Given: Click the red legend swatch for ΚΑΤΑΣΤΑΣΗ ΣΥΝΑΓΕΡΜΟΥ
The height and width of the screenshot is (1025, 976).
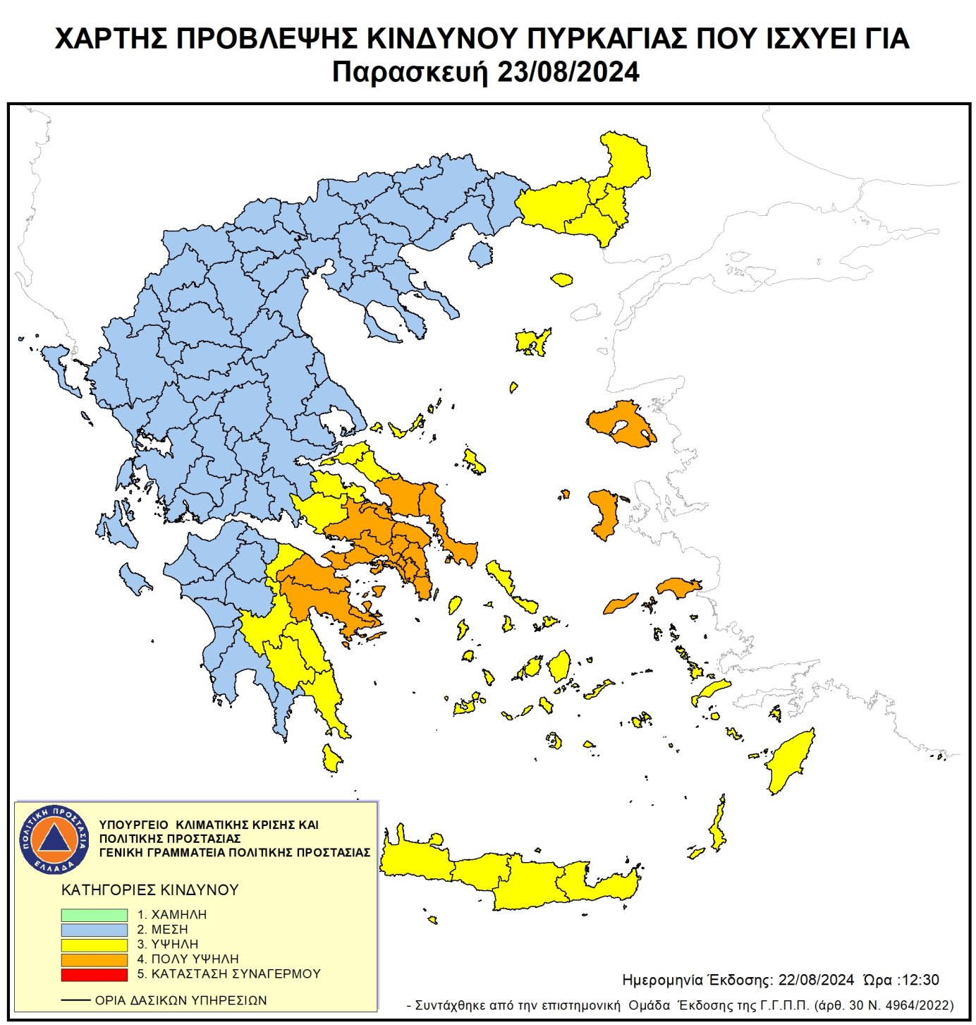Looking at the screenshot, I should pyautogui.click(x=94, y=974).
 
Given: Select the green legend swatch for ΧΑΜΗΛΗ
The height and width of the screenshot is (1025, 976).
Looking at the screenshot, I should pyautogui.click(x=94, y=914).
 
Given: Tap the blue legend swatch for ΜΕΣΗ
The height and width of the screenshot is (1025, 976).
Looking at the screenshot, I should pyautogui.click(x=94, y=929).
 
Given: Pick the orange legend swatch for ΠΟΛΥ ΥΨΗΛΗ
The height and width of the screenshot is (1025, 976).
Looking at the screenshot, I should pyautogui.click(x=94, y=959).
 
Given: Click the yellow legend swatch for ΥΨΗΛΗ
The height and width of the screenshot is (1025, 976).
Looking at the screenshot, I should pyautogui.click(x=94, y=944).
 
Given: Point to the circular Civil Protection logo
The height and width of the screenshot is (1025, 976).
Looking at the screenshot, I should pyautogui.click(x=54, y=839).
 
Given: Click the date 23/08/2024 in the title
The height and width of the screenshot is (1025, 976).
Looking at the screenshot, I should pyautogui.click(x=568, y=73).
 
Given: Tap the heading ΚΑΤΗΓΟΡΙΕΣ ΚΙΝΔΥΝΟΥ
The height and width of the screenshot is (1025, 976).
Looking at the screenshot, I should pyautogui.click(x=150, y=890).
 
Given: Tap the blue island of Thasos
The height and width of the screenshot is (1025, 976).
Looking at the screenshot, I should pyautogui.click(x=481, y=254).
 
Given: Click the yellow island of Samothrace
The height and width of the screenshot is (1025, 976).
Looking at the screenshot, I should pyautogui.click(x=561, y=280).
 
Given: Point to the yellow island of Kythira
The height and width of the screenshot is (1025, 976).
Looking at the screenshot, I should pyautogui.click(x=331, y=759).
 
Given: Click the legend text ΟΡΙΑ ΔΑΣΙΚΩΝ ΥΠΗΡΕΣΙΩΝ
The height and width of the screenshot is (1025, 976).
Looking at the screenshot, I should pyautogui.click(x=181, y=1000).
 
